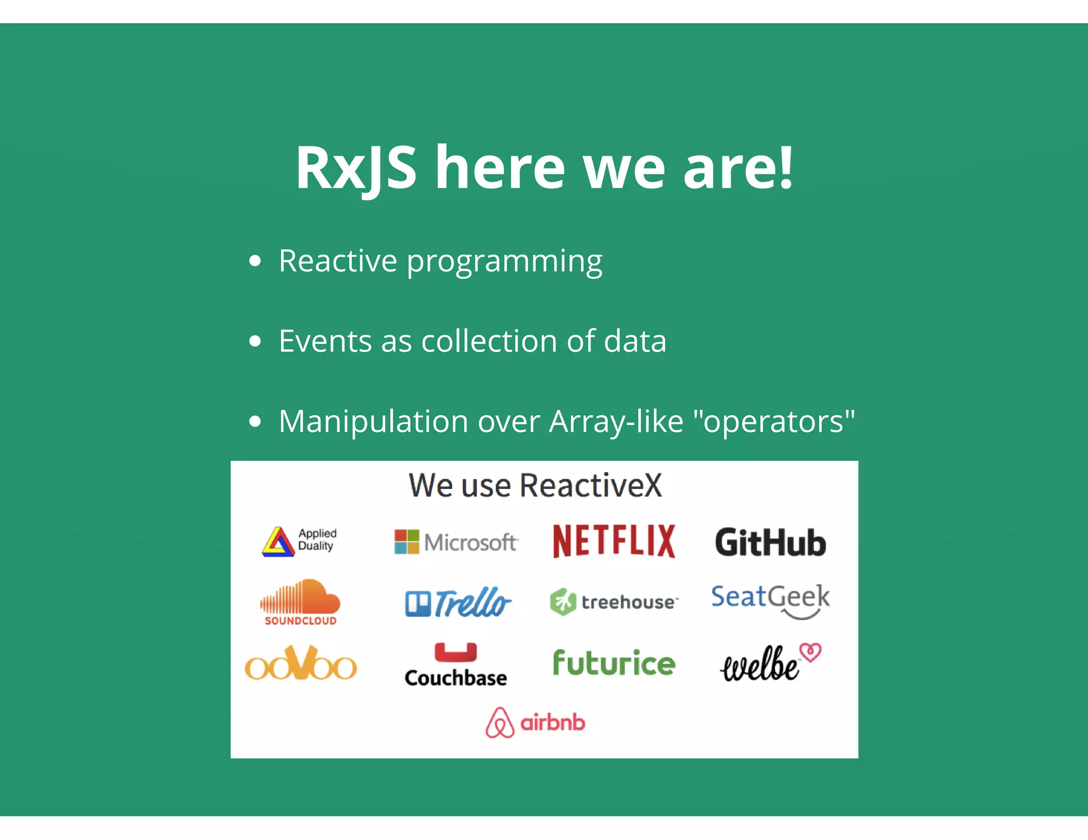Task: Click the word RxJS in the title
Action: coord(355,168)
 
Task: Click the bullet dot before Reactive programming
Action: coord(256,261)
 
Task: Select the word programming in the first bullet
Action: coord(504,262)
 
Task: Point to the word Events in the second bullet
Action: coord(325,341)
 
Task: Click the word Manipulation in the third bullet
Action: coord(373,422)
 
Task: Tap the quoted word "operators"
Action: coord(774,422)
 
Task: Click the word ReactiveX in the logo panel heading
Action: coord(591,485)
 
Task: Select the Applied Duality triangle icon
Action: coord(278,542)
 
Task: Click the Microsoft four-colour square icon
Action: coord(406,542)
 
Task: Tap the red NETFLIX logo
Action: coord(614,542)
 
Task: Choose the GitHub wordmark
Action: coord(770,543)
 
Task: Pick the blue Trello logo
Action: coord(458,603)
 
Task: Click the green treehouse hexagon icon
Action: coord(563,602)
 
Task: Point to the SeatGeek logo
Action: coord(770,600)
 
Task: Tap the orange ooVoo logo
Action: coord(301,664)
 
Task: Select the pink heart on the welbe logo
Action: coord(811,652)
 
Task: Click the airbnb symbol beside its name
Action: coord(499,723)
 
